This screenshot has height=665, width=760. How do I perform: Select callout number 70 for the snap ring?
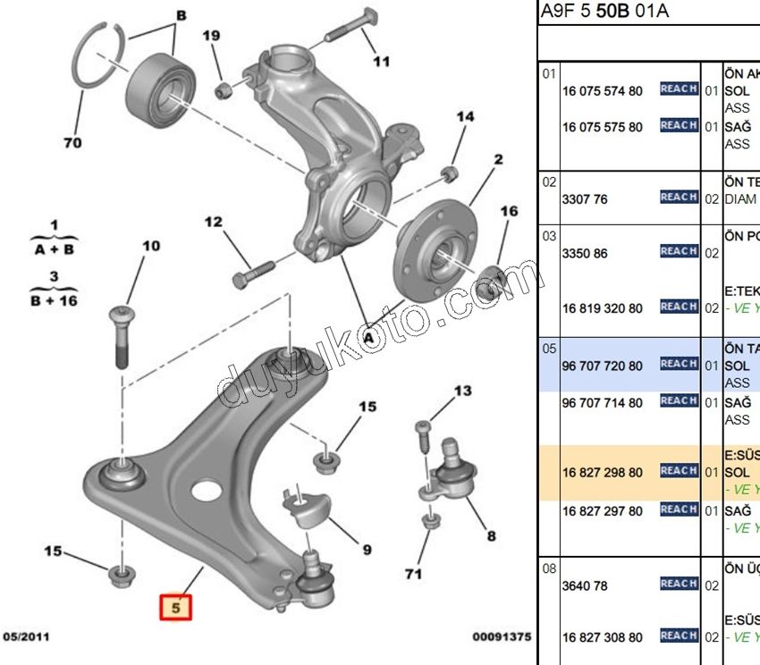[72, 142]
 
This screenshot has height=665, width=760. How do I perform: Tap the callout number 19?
[210, 36]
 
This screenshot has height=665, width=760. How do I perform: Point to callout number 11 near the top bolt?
[382, 62]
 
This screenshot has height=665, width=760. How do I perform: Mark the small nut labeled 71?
[430, 523]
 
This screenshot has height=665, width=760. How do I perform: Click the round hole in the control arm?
[206, 491]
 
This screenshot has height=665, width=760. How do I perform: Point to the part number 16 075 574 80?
[602, 90]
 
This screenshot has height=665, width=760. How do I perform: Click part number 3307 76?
[585, 199]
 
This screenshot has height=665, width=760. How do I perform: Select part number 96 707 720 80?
[602, 366]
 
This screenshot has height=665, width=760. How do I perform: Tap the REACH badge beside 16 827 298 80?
[679, 470]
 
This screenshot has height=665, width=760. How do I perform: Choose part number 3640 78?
[585, 586]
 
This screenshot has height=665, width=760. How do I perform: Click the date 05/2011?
[28, 636]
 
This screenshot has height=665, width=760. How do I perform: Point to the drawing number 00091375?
[502, 636]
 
